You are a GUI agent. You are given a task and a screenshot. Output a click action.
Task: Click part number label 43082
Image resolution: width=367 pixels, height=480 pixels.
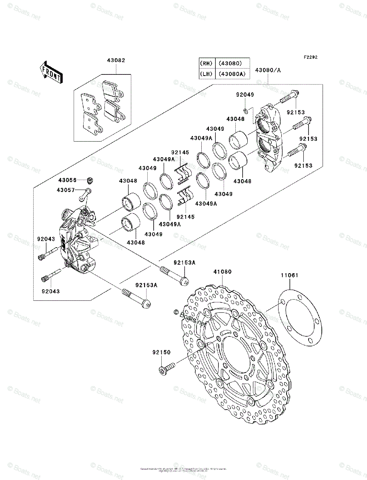point(116,60)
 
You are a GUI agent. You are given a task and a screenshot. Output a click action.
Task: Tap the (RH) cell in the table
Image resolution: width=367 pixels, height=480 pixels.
point(207,63)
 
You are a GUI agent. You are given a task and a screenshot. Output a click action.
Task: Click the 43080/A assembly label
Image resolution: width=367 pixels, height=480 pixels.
point(268,70)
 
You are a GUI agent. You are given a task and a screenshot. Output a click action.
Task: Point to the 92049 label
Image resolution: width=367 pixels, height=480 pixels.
point(245,95)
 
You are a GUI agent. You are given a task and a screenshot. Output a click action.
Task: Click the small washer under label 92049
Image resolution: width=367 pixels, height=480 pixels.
point(245,110)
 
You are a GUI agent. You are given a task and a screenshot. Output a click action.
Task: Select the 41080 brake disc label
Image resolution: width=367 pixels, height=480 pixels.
point(222,272)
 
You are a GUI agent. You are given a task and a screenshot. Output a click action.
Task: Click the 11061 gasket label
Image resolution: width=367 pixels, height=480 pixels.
point(289,276)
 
